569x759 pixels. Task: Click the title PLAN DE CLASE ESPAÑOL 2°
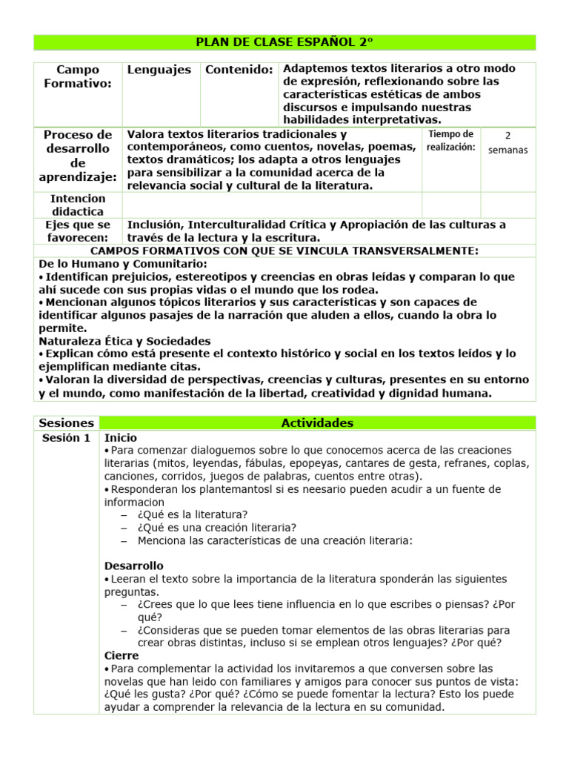[284, 42]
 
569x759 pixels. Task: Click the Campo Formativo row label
[78, 76]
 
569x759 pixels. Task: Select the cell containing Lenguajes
[159, 70]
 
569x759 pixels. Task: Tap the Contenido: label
[239, 70]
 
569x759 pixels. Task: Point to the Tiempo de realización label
[450, 140]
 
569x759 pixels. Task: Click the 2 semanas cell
[508, 143]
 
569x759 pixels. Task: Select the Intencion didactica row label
[78, 205]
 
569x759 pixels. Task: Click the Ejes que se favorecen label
[78, 231]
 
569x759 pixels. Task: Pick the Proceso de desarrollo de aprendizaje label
[78, 156]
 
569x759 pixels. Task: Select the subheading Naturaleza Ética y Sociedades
[124, 341]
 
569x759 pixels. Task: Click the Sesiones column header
[67, 423]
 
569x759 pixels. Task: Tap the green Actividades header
[317, 423]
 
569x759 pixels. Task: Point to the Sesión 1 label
[66, 438]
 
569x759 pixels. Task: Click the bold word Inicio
[121, 438]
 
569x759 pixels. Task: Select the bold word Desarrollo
[134, 566]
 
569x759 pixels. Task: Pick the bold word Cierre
[122, 655]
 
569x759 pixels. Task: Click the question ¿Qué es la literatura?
[193, 514]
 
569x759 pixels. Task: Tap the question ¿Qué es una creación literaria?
[217, 528]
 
